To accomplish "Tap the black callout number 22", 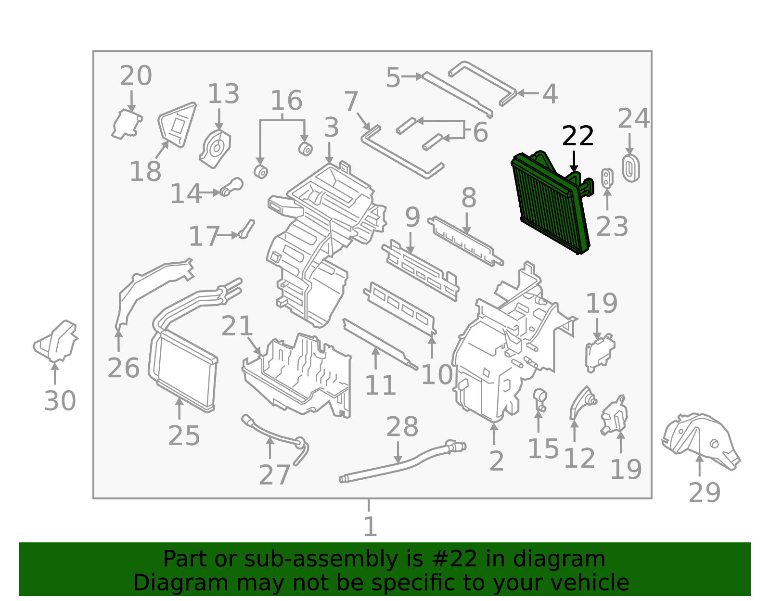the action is pos(577,136).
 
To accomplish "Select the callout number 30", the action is pos(60,400).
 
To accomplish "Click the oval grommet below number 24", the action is pos(631,168).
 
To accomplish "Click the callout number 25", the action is pos(184,435).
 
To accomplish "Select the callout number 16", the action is pos(286,100).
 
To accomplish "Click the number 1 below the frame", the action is pos(370,526).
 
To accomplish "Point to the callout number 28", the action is pos(402,427).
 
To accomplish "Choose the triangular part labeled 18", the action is pos(177,125).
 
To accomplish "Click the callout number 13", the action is pos(223,94).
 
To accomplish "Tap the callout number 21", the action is pos(237,326).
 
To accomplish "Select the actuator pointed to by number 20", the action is pos(127,124).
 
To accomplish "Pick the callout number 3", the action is pos(331,128).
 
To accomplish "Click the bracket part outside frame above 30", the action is pos(56,341).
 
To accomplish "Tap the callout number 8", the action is pos(469,198).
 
